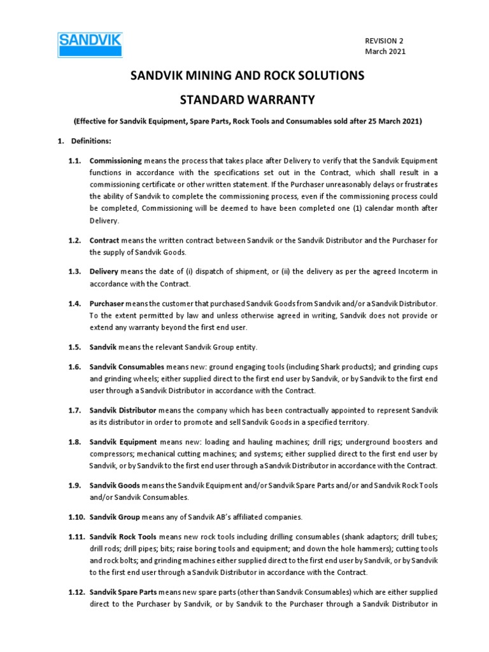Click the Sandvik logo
90,45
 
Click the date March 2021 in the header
385,51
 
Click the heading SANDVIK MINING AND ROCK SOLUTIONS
247,76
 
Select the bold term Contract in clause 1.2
104,240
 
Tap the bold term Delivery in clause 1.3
104,272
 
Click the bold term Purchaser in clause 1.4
107,304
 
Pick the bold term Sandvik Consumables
127,367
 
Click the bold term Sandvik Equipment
123,442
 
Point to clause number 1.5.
74,346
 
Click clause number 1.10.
76,517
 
